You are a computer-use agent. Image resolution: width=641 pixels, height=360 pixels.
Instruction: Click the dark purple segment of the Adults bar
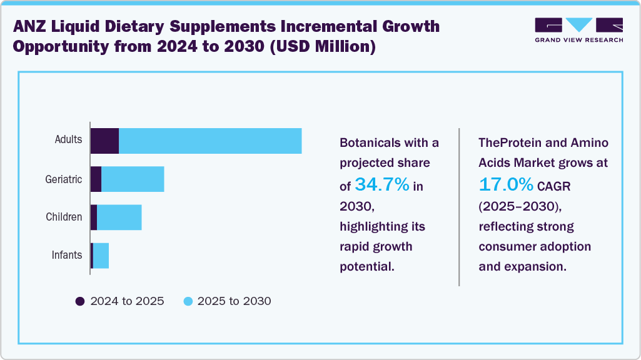click(104, 141)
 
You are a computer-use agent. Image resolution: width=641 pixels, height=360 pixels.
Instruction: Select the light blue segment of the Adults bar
click(210, 141)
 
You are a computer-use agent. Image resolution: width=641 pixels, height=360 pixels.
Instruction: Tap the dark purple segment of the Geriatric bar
click(96, 179)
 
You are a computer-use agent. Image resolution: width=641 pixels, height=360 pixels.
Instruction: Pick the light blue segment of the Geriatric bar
click(133, 179)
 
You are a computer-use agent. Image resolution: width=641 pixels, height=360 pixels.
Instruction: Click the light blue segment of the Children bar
click(119, 217)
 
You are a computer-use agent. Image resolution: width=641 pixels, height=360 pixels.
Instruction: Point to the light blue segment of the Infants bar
click(101, 256)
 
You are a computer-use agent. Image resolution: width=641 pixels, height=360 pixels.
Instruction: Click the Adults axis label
click(68, 139)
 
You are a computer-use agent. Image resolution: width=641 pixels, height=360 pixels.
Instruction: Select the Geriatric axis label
click(63, 179)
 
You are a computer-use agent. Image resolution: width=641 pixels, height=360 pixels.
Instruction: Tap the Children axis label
click(64, 217)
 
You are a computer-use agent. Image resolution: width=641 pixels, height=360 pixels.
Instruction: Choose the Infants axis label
click(66, 255)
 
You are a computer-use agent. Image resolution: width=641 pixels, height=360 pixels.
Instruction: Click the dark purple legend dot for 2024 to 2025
click(80, 301)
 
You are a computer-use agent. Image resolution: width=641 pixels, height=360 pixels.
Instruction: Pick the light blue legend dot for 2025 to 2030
click(188, 301)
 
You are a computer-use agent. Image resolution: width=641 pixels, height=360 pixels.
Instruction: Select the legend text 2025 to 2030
click(234, 301)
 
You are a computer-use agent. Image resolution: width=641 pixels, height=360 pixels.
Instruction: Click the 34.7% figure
click(382, 184)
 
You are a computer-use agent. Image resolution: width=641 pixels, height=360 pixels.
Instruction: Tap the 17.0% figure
click(506, 184)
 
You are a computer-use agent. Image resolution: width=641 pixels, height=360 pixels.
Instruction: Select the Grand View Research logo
click(578, 30)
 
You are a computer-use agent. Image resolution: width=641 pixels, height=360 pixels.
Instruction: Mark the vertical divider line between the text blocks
click(459, 206)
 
